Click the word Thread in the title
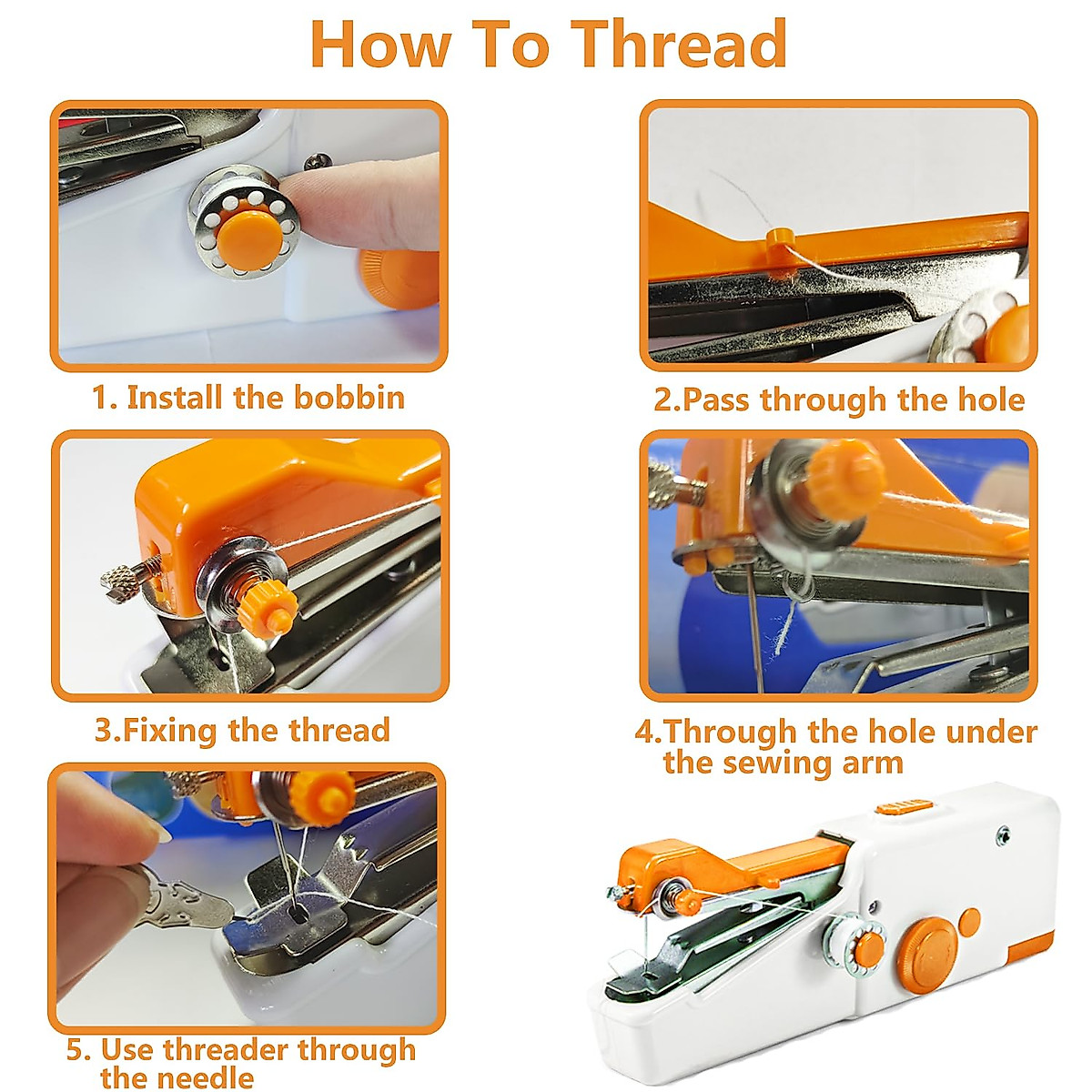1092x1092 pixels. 680,44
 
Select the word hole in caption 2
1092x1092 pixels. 991,399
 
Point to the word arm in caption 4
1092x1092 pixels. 870,763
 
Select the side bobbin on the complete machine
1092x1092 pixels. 855,937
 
